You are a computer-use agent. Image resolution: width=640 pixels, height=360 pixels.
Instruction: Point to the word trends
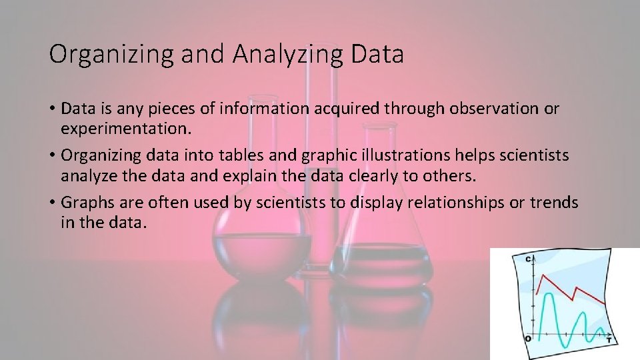553,203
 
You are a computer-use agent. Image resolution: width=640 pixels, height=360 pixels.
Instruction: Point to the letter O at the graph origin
527,339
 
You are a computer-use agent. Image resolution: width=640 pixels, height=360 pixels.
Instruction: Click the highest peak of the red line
546,274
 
